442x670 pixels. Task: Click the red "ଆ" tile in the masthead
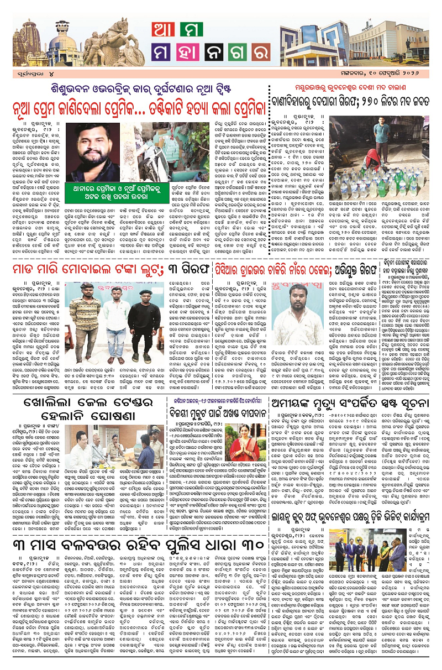tap(165, 33)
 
